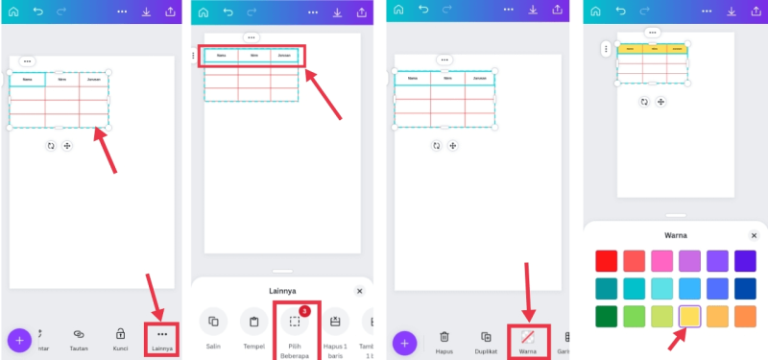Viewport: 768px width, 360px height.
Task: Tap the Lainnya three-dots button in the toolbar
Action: click(x=161, y=334)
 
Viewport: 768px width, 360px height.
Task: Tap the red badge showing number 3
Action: click(x=303, y=311)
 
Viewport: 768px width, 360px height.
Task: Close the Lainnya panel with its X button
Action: click(x=360, y=290)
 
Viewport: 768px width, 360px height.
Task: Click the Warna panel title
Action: click(x=676, y=235)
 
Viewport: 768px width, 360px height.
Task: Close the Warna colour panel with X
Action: click(x=754, y=235)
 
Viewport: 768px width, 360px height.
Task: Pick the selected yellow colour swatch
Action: click(x=689, y=316)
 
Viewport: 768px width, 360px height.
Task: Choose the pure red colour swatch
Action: click(x=606, y=260)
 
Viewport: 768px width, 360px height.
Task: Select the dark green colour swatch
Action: click(x=606, y=316)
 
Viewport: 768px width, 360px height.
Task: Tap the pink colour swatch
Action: click(x=661, y=260)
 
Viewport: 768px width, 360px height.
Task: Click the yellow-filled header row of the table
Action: click(x=652, y=49)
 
